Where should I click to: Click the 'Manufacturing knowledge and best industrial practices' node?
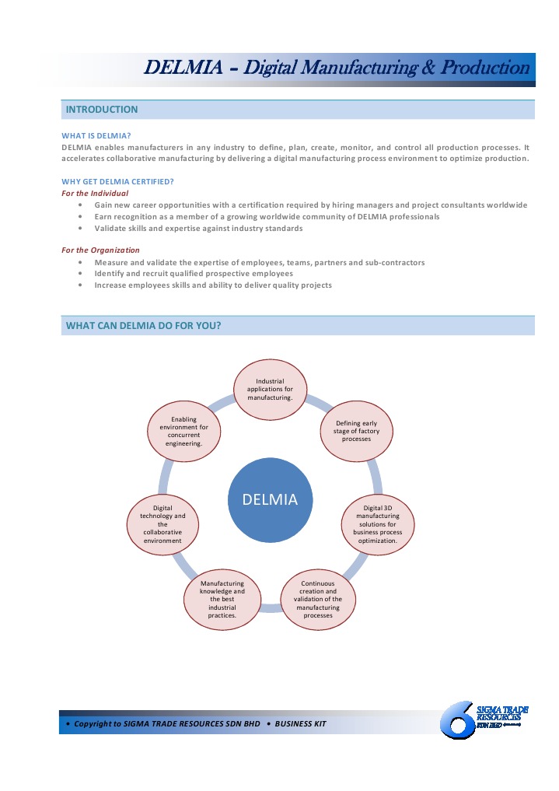[222, 599]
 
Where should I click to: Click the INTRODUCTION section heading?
[102, 110]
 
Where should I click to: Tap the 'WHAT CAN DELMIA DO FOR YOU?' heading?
[143, 325]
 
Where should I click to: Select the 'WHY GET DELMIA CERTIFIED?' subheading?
[117, 182]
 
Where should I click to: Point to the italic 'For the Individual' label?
[95, 193]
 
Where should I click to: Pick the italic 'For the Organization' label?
[100, 250]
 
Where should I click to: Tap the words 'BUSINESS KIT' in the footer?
[300, 724]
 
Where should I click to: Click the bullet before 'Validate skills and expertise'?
[82, 229]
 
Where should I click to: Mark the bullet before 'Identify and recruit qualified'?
[82, 274]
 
